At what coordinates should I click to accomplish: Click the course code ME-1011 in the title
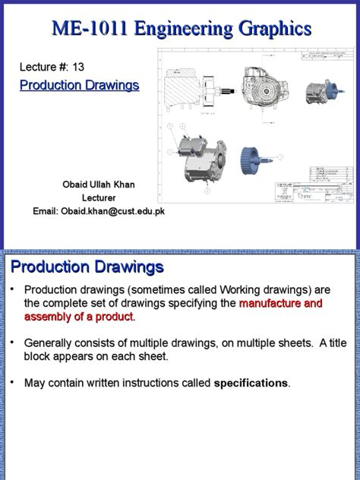[84, 29]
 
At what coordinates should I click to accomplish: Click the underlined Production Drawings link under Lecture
[79, 85]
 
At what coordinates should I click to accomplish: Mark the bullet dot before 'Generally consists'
[12, 342]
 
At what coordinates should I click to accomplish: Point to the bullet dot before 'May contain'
[12, 381]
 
